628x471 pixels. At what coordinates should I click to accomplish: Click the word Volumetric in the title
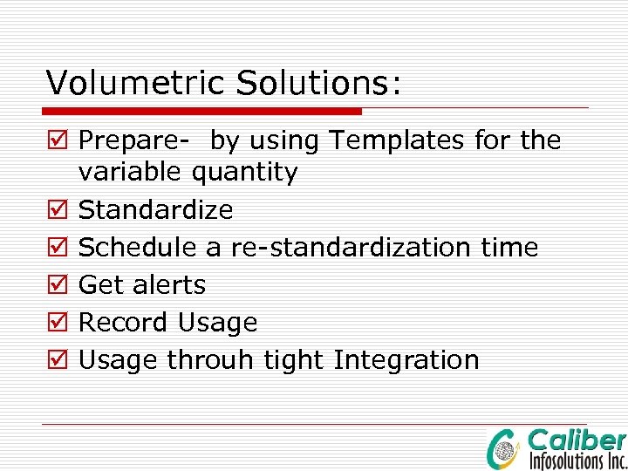coord(136,83)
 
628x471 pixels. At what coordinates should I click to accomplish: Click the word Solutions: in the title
coord(319,83)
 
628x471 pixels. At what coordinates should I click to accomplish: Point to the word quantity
coord(244,173)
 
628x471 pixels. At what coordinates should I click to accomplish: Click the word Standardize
coord(156,210)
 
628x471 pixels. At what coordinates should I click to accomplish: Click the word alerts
coord(169,285)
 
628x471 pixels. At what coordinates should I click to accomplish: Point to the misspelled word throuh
coord(205,360)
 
